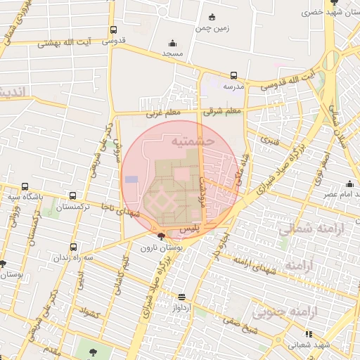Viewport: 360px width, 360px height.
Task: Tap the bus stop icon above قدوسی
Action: [x=113, y=30]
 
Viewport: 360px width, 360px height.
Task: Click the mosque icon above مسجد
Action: [x=173, y=43]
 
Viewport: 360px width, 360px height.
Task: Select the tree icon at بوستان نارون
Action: [x=162, y=236]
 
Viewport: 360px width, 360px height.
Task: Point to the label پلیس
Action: [x=191, y=230]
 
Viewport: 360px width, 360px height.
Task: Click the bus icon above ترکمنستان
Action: [x=72, y=197]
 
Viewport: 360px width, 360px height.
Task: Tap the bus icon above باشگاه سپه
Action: [x=25, y=188]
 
